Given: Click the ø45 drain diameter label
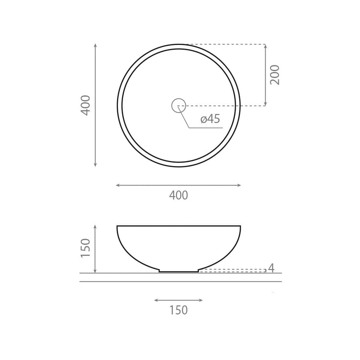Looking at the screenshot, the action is point(210,119).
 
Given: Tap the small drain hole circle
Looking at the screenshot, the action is point(178,99).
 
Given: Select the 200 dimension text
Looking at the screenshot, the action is point(275,75).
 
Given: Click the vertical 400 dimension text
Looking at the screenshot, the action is point(86,105).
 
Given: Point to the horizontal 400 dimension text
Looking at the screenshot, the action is point(178,195).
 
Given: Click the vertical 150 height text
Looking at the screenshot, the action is point(86,248).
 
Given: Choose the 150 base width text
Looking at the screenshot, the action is point(178,310).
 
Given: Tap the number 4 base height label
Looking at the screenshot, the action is point(272,268).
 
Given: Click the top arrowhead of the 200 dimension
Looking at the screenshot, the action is point(266,45).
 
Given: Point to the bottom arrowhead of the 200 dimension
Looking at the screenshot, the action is point(266,104).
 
